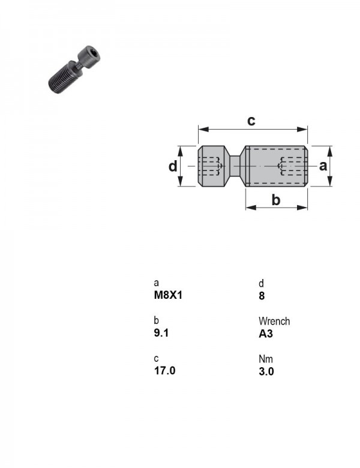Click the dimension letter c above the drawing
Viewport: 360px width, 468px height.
coord(251,121)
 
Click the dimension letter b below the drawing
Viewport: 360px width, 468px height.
coord(276,200)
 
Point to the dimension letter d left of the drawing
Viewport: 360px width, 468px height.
coord(173,166)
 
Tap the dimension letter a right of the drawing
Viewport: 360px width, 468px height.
coord(323,166)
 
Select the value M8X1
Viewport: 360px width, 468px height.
coord(168,295)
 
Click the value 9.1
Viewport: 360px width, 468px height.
coord(161,333)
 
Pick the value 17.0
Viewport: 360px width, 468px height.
coord(164,371)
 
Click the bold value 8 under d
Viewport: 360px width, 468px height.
coord(262,296)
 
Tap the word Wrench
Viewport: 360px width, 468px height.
coord(274,321)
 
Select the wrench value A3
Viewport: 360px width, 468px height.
coord(266,334)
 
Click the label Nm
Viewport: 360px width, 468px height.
coord(266,359)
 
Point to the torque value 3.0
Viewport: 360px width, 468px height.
coord(266,371)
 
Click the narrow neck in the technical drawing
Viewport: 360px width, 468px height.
coord(235,166)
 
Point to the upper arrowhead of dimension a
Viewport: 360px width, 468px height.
coord(329,151)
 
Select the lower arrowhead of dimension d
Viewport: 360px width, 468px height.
coord(180,181)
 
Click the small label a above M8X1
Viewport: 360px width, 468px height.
coord(156,283)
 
